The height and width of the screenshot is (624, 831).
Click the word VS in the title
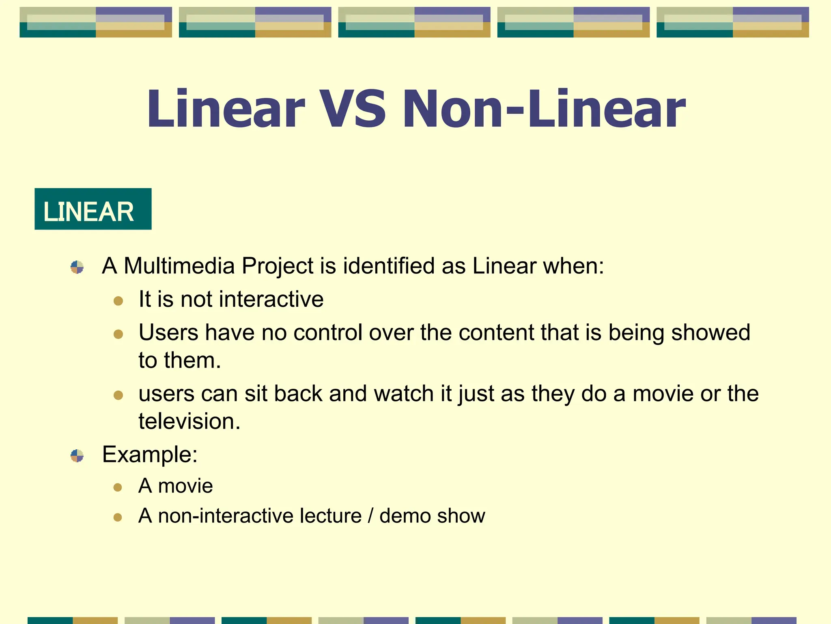[352, 109]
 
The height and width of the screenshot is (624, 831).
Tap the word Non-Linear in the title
[544, 109]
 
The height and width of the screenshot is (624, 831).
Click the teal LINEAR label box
[93, 209]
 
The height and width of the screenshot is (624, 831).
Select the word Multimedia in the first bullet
[179, 266]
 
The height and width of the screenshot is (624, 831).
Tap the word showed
[710, 333]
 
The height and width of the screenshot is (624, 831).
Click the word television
[189, 421]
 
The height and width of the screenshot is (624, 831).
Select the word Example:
[150, 455]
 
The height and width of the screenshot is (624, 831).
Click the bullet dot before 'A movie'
[118, 487]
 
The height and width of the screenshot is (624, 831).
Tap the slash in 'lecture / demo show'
[370, 516]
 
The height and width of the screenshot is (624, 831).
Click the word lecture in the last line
[331, 516]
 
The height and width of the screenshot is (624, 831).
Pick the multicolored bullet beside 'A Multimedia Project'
[77, 267]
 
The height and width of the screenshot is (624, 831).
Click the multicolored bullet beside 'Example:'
[77, 456]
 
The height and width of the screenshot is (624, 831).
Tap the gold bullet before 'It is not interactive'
[118, 301]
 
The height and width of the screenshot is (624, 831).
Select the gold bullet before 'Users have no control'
[118, 334]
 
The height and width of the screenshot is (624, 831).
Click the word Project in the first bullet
[278, 266]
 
